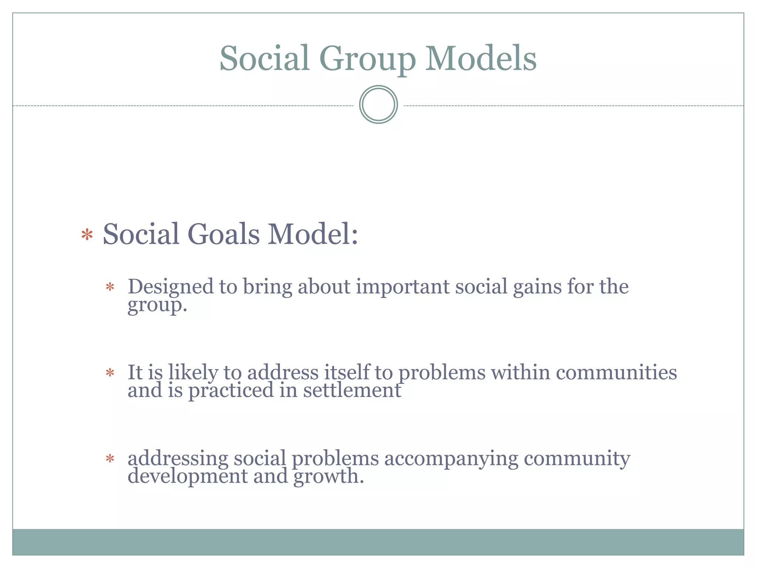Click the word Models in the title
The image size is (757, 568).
click(481, 58)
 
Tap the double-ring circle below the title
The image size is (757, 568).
click(378, 105)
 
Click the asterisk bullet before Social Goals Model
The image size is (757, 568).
click(87, 235)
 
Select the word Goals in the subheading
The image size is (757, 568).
click(224, 234)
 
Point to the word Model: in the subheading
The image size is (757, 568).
click(313, 234)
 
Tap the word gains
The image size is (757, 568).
click(537, 287)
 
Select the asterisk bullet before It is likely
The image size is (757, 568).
click(110, 373)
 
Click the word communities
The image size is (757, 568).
click(616, 372)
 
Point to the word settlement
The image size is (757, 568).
click(352, 390)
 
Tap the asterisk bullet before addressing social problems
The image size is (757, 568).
click(110, 459)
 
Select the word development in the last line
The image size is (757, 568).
click(187, 476)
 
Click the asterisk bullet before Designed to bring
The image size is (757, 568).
click(110, 287)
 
